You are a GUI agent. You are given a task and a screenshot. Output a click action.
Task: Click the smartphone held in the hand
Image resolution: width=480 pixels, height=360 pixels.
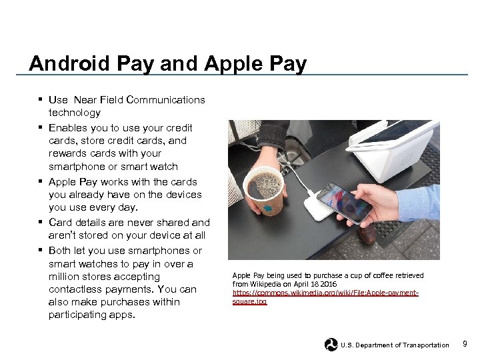pos(343,203)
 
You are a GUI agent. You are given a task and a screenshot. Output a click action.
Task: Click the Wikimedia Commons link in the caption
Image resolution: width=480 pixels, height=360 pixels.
pos(325,297)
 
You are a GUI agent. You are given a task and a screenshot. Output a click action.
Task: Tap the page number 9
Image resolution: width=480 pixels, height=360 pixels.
pos(465,344)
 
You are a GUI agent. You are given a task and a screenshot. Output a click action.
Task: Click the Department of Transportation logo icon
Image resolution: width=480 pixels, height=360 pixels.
pos(331,345)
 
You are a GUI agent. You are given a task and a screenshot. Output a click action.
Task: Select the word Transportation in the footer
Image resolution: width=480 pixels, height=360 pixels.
pos(421,345)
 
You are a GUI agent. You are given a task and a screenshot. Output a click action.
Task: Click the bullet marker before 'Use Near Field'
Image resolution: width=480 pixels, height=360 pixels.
pos(41,100)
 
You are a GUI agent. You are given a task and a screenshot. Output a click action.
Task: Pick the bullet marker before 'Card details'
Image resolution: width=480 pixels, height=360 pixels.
pos(41,223)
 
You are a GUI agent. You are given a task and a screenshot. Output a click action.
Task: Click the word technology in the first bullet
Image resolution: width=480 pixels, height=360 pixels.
pos(75,113)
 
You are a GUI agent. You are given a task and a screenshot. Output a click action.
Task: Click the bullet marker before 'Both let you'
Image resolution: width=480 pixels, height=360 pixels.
pos(41,251)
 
